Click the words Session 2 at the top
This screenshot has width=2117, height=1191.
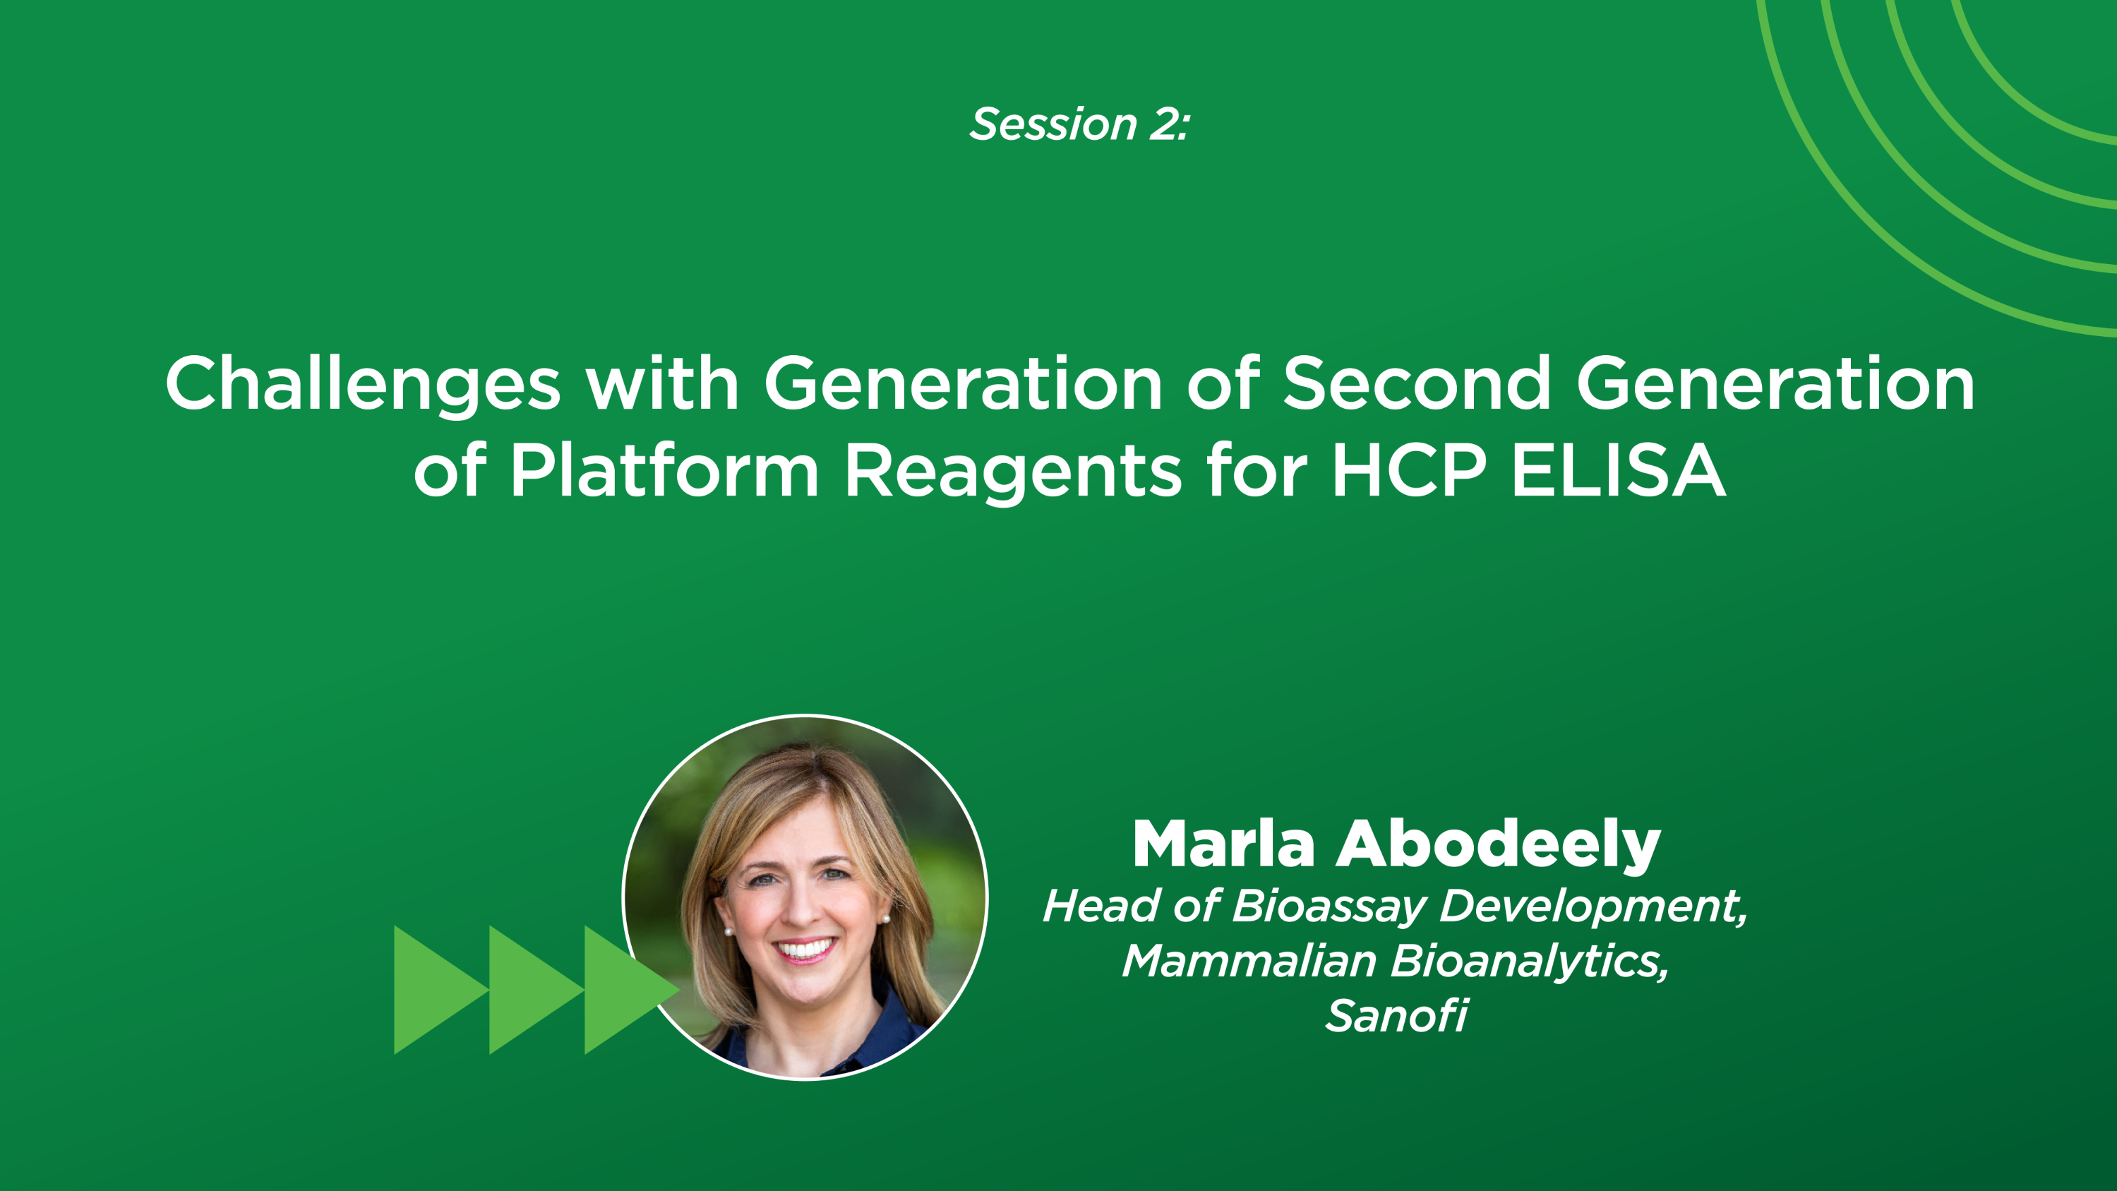1079,124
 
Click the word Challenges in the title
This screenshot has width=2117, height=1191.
362,384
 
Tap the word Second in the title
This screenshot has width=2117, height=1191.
1416,384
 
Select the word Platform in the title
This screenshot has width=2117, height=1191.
664,471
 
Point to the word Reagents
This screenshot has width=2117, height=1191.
1012,472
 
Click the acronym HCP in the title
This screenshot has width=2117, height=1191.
1408,471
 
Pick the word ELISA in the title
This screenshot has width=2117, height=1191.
1618,471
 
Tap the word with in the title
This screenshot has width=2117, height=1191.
661,384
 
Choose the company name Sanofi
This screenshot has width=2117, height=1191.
1396,1016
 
